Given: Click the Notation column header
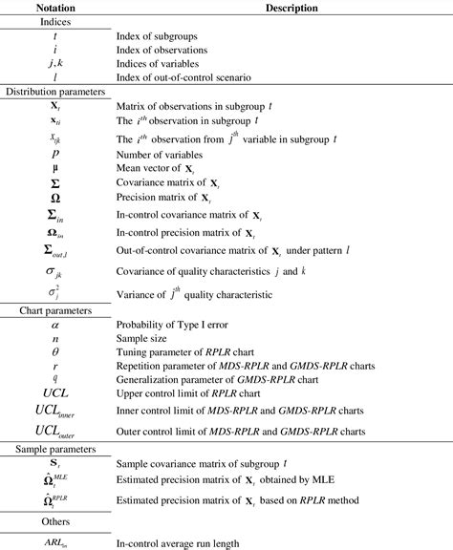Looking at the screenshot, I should coord(55,8).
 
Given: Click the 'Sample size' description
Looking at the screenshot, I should coord(141,338).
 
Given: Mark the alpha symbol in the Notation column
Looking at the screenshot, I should coord(55,325).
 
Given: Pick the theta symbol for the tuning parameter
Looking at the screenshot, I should coord(55,351).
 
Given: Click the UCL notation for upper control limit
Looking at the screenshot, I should coord(55,392).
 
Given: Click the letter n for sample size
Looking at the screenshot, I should coord(55,338).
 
